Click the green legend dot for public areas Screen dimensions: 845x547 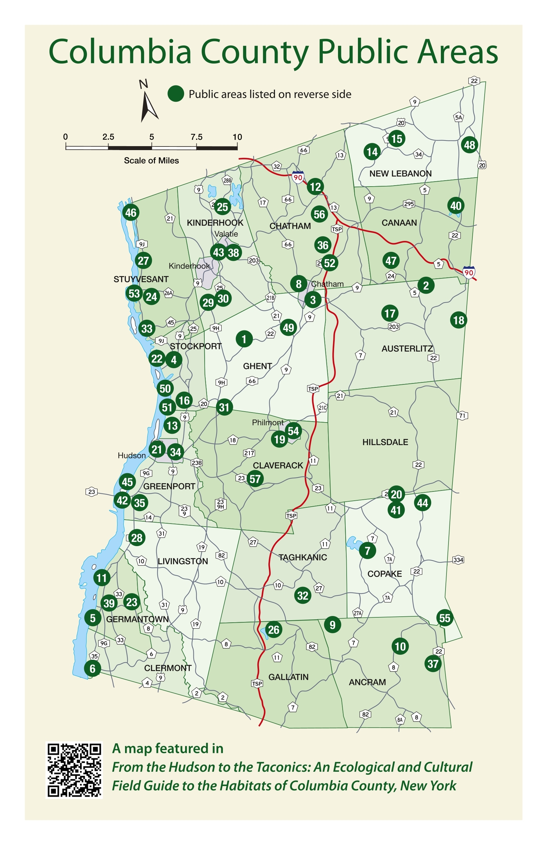(175, 94)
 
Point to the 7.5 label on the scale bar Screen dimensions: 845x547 (196, 137)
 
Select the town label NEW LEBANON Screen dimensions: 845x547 (400, 173)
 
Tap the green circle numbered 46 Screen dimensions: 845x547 (131, 212)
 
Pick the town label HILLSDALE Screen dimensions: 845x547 (385, 442)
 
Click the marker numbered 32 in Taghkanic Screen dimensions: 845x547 (303, 595)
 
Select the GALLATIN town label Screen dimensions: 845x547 (288, 677)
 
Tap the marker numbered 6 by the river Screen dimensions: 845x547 (92, 668)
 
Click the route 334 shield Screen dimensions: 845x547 (458, 560)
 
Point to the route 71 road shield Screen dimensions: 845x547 (462, 416)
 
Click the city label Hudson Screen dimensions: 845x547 (131, 456)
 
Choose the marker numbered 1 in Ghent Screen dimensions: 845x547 (244, 339)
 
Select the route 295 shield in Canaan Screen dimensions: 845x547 (409, 204)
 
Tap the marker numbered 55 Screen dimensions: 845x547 (444, 618)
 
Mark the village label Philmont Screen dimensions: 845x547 (267, 422)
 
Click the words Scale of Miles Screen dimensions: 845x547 (151, 160)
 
